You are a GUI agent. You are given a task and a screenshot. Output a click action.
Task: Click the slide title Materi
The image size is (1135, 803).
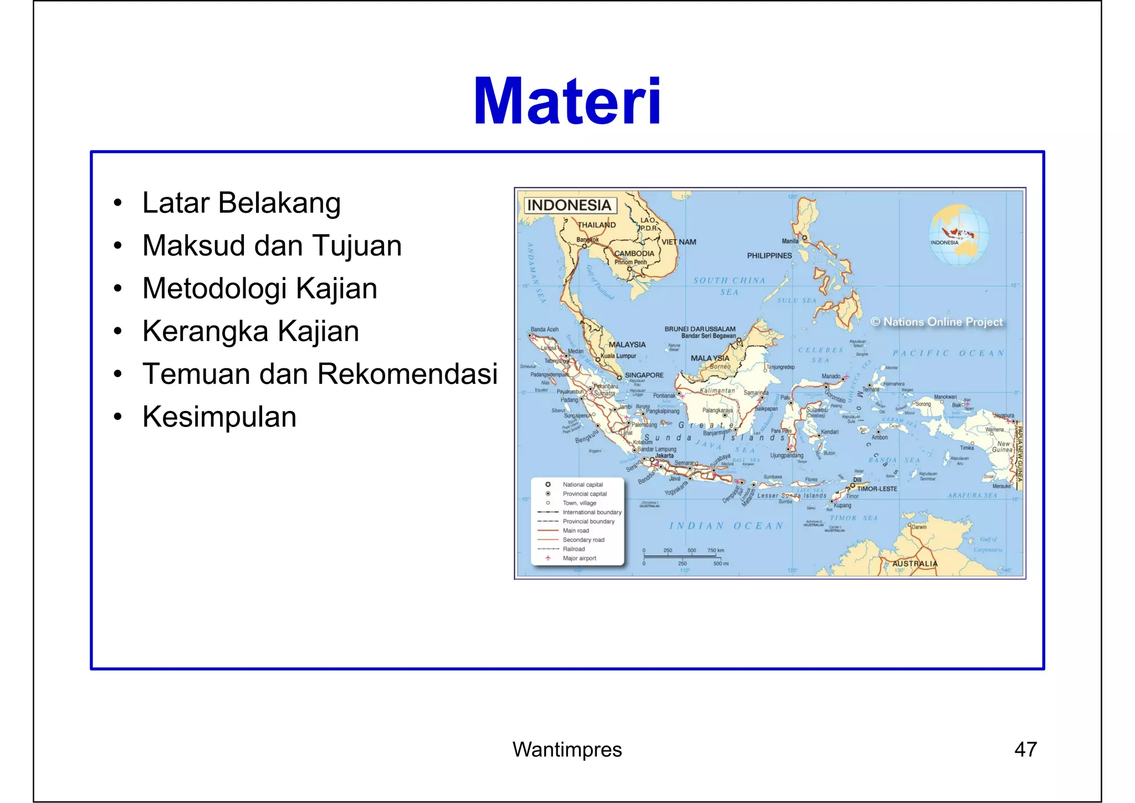pyautogui.click(x=567, y=102)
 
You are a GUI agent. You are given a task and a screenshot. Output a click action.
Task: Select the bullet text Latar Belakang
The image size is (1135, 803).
pyautogui.click(x=241, y=203)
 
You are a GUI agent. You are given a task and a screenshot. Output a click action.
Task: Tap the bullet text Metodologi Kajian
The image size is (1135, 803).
pyautogui.click(x=259, y=289)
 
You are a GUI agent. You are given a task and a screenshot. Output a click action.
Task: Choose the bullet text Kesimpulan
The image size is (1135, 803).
pyautogui.click(x=219, y=417)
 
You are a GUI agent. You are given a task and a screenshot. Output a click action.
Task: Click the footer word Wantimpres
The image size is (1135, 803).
pyautogui.click(x=567, y=750)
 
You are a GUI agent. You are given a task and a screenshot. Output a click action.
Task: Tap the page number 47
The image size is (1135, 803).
pyautogui.click(x=1025, y=750)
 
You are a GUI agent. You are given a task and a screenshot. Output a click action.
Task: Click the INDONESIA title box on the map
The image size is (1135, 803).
pyautogui.click(x=569, y=206)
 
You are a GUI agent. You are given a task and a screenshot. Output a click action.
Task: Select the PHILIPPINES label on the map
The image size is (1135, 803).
pyautogui.click(x=769, y=256)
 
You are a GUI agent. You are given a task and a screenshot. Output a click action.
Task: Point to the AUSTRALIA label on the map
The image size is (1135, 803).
pyautogui.click(x=914, y=563)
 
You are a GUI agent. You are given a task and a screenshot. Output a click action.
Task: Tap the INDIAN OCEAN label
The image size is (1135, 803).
pyautogui.click(x=726, y=526)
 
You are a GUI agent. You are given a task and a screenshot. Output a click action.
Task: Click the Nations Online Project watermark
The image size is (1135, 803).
pyautogui.click(x=937, y=322)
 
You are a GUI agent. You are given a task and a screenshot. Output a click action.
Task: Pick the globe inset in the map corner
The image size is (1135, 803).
pyautogui.click(x=959, y=235)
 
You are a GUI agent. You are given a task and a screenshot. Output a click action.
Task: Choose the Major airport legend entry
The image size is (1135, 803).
pyautogui.click(x=579, y=558)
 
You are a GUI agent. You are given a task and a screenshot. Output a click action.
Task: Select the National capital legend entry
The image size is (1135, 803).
pyautogui.click(x=582, y=485)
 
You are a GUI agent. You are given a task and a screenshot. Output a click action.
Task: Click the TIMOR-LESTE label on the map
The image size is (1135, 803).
pyautogui.click(x=877, y=489)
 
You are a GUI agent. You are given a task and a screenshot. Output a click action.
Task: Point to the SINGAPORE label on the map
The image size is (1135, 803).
pyautogui.click(x=644, y=375)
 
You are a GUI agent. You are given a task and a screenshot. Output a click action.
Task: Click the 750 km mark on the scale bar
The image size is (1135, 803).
pyautogui.click(x=715, y=551)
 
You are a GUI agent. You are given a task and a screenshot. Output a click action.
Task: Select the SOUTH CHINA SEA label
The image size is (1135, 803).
pyautogui.click(x=729, y=286)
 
